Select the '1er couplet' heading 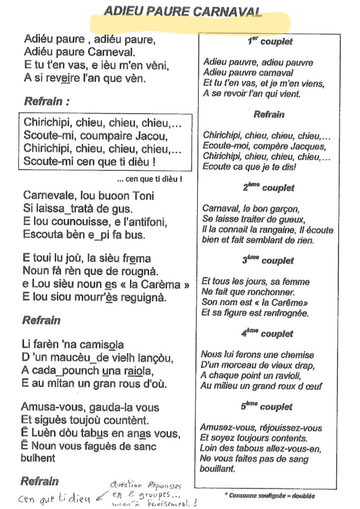coord(270,42)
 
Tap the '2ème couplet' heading coord(269,188)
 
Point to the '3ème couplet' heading coord(268,260)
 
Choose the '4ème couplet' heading coord(268,334)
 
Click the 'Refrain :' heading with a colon coord(46,101)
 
